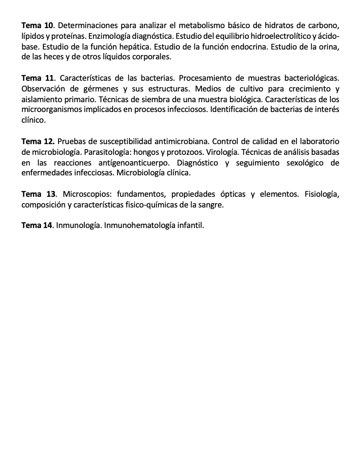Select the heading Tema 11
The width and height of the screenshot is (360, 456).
tap(37, 79)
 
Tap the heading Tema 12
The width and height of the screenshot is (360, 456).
tap(38, 142)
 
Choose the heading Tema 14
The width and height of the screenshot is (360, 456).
tap(37, 225)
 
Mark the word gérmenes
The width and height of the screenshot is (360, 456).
tap(101, 88)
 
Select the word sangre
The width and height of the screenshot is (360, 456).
tap(210, 205)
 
